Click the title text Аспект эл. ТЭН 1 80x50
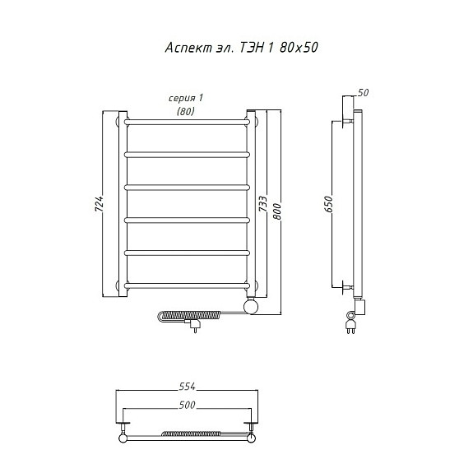(x=241, y=48)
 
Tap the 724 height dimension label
(x=100, y=204)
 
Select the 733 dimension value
(x=262, y=204)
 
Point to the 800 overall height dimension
(x=277, y=211)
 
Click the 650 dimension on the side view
(x=328, y=204)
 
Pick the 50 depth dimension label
(x=364, y=93)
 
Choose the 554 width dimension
(x=187, y=386)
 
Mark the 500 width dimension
(x=187, y=405)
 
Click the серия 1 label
(x=186, y=98)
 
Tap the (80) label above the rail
(x=186, y=111)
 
